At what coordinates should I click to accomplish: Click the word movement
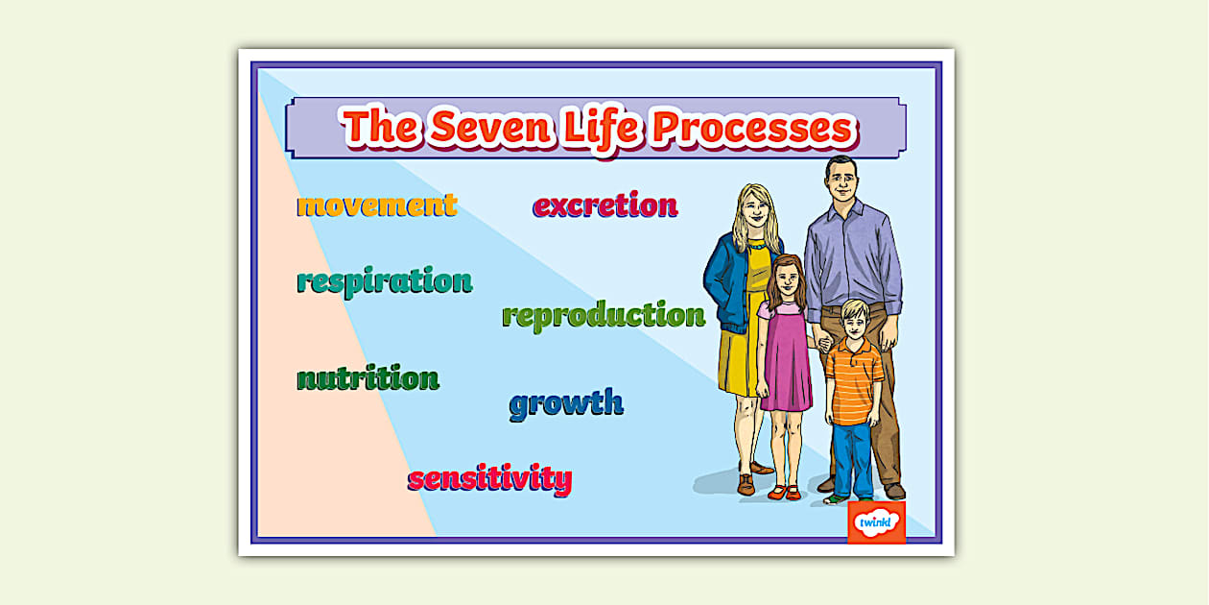[376, 205]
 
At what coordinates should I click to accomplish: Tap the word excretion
[605, 205]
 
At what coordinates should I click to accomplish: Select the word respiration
[384, 281]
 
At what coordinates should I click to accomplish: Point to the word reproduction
[604, 315]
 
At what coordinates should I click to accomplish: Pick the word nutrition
[367, 378]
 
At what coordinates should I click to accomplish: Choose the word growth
[566, 403]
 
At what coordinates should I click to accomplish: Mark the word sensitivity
[489, 477]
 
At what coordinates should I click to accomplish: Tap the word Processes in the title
[752, 129]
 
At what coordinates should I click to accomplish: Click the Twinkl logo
[875, 522]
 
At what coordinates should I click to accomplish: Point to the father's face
[841, 183]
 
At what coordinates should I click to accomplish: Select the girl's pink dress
[785, 360]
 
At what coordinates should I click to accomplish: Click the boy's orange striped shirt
[852, 380]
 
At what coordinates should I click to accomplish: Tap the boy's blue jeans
[852, 457]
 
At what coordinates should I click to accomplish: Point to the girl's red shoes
[784, 493]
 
